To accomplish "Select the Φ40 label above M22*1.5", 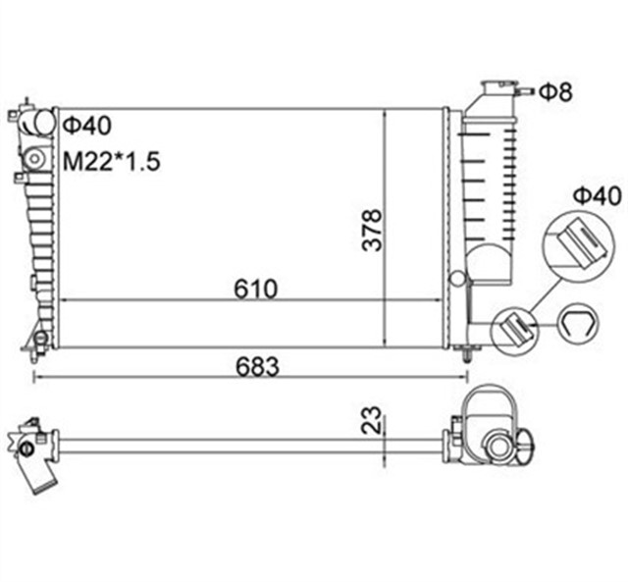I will [x=86, y=126].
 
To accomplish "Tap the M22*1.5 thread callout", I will [x=110, y=161].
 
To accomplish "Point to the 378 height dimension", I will [x=372, y=230].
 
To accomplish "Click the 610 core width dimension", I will [x=256, y=289].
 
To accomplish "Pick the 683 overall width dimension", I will [x=257, y=366].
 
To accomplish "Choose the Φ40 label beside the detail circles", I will [x=598, y=196].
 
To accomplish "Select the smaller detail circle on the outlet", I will [x=513, y=329].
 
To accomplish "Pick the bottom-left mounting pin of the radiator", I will [x=40, y=343].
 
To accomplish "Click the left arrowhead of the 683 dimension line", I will [x=37, y=377].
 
